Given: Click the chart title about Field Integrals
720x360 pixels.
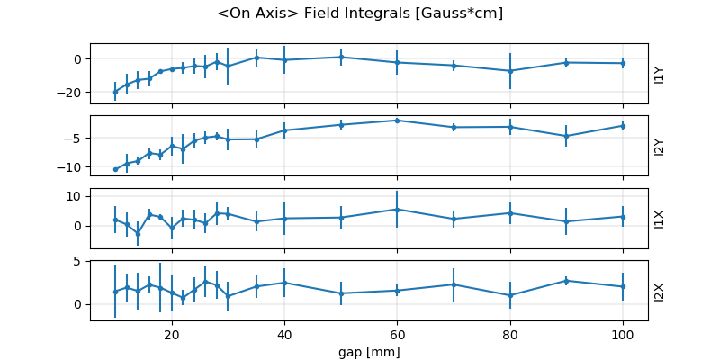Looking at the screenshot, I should click(360, 13).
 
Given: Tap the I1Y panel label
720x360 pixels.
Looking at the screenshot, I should click(660, 74).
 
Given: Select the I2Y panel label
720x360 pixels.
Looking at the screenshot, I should click(660, 147).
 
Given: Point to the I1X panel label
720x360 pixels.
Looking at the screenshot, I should click(660, 219).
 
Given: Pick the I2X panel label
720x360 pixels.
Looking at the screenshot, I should click(660, 291).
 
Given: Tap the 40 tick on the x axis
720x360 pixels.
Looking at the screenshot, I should click(284, 334).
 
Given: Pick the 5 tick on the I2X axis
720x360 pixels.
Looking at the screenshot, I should click(79, 261).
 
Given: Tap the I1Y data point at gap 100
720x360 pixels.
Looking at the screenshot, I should click(622, 63).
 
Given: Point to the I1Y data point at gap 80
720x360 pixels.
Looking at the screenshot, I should click(509, 71).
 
